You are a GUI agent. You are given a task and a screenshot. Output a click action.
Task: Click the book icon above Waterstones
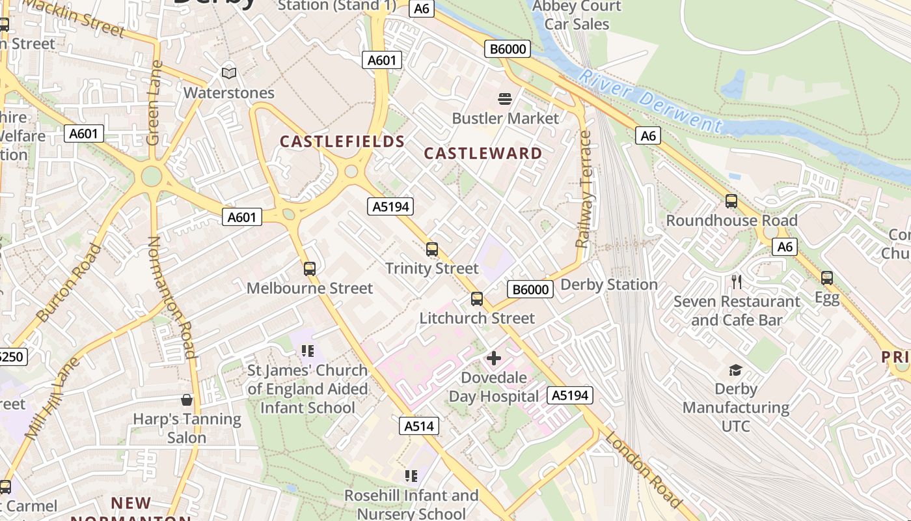tap(228, 74)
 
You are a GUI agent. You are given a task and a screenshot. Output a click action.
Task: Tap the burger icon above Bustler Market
tap(505, 99)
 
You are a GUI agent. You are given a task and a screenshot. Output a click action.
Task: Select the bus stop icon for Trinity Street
tap(431, 249)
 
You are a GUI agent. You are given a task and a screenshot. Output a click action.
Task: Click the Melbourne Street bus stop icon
tap(310, 268)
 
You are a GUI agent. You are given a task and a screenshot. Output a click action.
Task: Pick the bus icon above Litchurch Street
tap(477, 299)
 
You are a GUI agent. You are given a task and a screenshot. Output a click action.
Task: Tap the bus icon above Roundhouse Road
tap(731, 201)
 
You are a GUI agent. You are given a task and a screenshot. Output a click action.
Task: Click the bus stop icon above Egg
tap(827, 278)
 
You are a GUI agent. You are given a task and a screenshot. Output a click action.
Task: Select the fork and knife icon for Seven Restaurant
tap(737, 282)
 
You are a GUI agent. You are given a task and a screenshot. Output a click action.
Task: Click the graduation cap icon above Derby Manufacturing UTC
tap(735, 370)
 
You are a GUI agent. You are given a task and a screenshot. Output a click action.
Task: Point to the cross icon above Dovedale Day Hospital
tap(494, 358)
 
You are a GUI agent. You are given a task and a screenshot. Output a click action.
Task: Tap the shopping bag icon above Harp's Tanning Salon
tap(187, 399)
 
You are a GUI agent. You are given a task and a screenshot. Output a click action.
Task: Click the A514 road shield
tap(418, 426)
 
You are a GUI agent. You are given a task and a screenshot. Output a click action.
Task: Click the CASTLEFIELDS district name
tap(342, 141)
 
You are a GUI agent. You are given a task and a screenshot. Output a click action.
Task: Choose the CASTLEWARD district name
tap(483, 154)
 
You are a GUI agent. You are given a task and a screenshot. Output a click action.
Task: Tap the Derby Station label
tap(609, 285)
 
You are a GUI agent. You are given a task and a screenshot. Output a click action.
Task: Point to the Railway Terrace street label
tap(584, 190)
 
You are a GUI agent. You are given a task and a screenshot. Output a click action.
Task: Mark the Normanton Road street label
tap(172, 297)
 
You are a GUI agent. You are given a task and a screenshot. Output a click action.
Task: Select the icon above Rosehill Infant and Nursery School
tap(411, 476)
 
